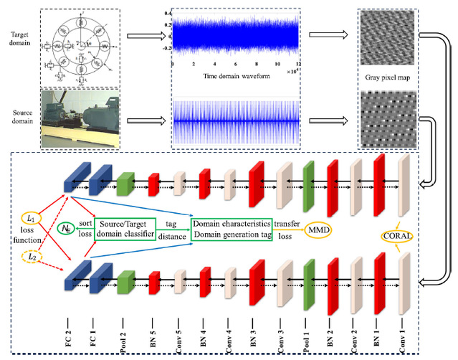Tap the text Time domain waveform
coord(230,75)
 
